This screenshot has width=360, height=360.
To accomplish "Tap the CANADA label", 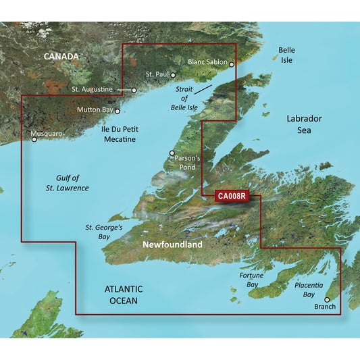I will click(61, 56).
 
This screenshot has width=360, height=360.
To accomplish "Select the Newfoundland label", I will click(172, 245).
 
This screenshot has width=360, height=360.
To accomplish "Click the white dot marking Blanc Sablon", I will click(232, 65).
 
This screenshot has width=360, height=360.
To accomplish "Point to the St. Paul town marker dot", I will click(174, 75).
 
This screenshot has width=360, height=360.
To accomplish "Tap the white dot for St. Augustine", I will click(134, 89).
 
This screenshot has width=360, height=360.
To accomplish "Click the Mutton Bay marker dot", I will click(118, 111).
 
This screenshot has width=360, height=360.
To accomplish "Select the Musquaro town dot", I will click(33, 140).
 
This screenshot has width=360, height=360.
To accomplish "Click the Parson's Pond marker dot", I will click(172, 153).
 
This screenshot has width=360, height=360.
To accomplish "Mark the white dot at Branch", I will click(327, 299).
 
